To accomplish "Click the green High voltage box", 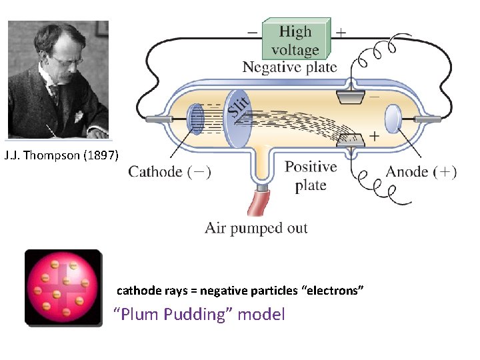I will coord(295,40).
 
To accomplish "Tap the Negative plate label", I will coord(289,67).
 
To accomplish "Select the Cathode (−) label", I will coord(170,172).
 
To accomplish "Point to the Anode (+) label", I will coord(421,171).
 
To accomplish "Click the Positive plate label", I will coord(311,176).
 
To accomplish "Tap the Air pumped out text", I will coord(256,228).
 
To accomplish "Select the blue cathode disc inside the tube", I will coord(196,119).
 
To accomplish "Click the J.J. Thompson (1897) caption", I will coord(61,156).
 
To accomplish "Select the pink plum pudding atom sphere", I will coord(63,288).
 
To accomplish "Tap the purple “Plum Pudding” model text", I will coord(200,314).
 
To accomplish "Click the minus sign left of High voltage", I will coord(251,31).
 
